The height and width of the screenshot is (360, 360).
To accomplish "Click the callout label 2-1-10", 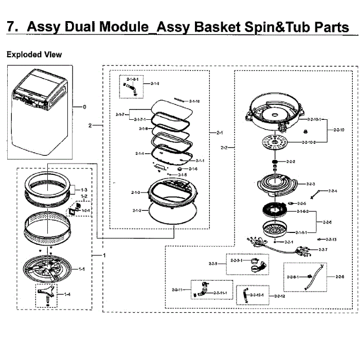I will (194, 101).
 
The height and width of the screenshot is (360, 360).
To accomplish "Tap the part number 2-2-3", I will (310, 184).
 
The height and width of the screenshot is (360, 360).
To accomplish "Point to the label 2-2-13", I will (331, 239).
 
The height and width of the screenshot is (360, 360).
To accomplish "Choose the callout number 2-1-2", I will (137, 210).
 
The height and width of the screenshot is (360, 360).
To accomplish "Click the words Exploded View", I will (34, 55).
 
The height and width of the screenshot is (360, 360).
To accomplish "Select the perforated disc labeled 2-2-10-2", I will (277, 141).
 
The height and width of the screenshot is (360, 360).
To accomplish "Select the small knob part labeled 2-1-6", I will (181, 169).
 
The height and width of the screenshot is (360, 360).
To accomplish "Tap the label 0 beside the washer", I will (84, 107).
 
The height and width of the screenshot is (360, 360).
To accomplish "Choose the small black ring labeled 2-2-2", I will (276, 162).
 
